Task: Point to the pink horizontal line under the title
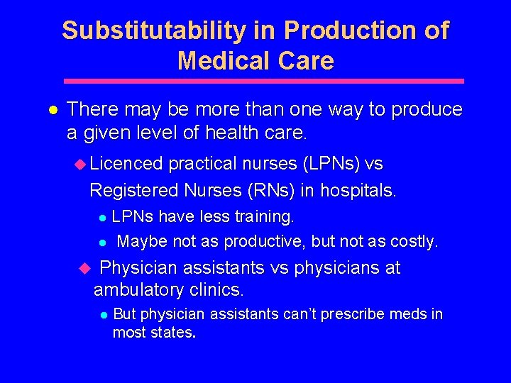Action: pyautogui.click(x=263, y=81)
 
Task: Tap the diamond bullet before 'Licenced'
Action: pyautogui.click(x=79, y=164)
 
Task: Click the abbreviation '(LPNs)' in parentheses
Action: pyautogui.click(x=331, y=164)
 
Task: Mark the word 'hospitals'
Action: pyautogui.click(x=358, y=191)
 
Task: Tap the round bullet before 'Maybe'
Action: pyautogui.click(x=102, y=243)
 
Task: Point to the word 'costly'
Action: pyautogui.click(x=412, y=242)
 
